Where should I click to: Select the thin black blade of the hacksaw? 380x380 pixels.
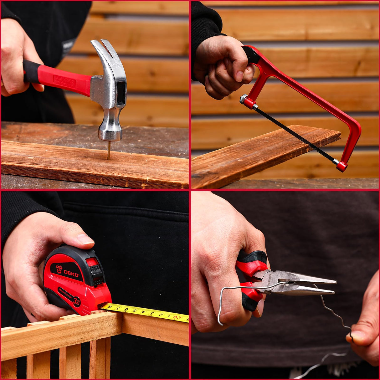coord(294,135)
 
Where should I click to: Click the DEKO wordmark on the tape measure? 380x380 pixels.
coord(71,273)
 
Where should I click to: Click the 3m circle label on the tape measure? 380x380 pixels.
coord(76,301)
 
